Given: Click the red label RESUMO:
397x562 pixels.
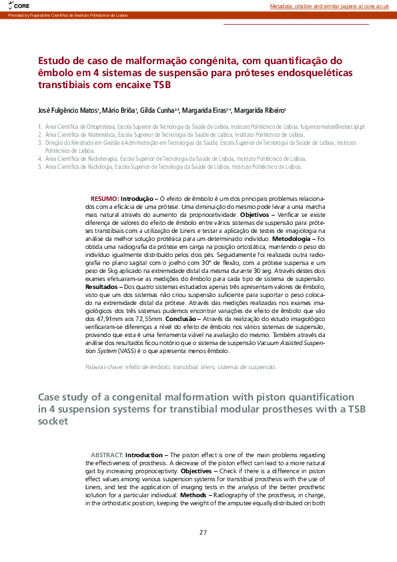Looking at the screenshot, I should pyautogui.click(x=105, y=200).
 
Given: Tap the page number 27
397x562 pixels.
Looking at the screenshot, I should pyautogui.click(x=203, y=532).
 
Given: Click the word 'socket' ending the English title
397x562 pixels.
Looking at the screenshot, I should pyautogui.click(x=53, y=422).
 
